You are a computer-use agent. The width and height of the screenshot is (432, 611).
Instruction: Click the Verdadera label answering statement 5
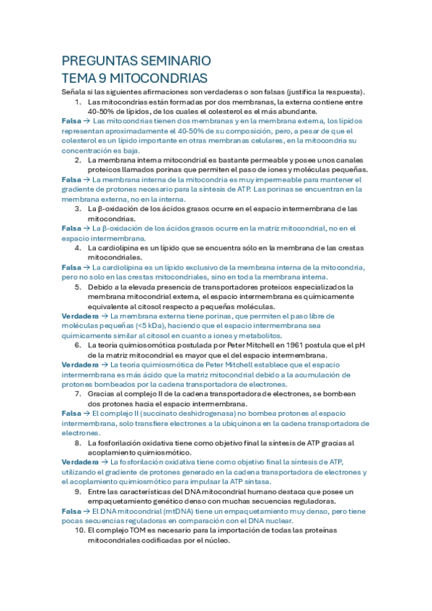tap(81, 316)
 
